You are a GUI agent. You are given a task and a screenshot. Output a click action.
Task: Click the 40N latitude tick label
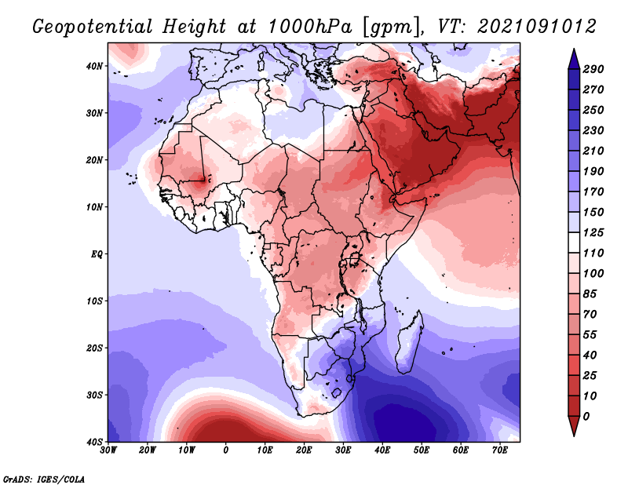[x=94, y=66]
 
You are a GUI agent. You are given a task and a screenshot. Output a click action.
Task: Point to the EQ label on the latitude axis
[x=97, y=254]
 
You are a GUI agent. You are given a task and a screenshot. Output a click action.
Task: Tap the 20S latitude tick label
[x=94, y=348]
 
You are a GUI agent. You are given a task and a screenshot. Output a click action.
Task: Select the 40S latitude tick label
[x=94, y=442]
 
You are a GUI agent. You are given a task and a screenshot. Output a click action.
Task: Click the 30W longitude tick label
[x=108, y=450]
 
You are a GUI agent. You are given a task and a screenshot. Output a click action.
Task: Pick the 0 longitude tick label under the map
[x=226, y=450]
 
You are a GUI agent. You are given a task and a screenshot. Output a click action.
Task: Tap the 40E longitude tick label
[x=382, y=450]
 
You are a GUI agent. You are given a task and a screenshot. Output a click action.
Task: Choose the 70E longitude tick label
[x=500, y=450]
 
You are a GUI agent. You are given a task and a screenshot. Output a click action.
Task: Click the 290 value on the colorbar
[x=593, y=69]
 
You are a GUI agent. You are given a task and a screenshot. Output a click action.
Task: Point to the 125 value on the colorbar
[x=593, y=232]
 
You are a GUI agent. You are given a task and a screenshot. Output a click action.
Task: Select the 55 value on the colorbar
[x=590, y=335]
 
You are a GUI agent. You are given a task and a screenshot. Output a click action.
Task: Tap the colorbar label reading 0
[x=586, y=417]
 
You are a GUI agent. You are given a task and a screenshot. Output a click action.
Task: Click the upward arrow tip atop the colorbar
[x=574, y=49]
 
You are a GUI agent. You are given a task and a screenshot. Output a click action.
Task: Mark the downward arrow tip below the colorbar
[x=574, y=436]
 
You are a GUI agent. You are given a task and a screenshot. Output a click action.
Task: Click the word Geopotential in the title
[x=92, y=27]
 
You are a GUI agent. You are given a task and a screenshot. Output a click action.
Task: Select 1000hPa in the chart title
[x=310, y=27]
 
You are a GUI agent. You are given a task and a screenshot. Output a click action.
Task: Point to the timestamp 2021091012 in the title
[x=537, y=27]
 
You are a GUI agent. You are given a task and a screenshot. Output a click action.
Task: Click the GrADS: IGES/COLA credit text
[x=44, y=479]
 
